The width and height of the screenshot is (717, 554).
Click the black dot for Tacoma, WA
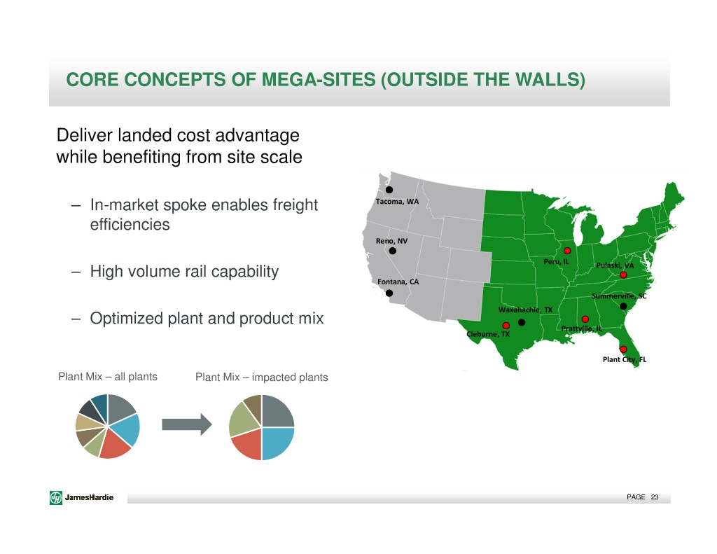click(389, 190)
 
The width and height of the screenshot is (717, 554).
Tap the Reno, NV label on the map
click(391, 241)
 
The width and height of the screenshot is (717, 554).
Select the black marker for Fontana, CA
click(389, 293)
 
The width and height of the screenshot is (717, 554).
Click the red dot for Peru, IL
click(567, 251)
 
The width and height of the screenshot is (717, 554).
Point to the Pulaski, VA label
click(615, 265)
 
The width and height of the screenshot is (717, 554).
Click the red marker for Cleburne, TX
click(506, 326)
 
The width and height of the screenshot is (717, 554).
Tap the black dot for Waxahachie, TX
click(521, 322)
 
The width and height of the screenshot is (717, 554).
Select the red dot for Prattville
click(585, 319)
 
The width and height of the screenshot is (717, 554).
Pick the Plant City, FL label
click(625, 359)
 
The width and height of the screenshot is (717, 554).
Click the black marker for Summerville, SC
click(623, 306)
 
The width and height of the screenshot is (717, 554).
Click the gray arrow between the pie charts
click(186, 424)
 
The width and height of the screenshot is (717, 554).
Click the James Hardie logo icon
click(56, 497)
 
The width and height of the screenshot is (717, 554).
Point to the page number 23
click(655, 497)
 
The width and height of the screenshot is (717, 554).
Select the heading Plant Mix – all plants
click(108, 377)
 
